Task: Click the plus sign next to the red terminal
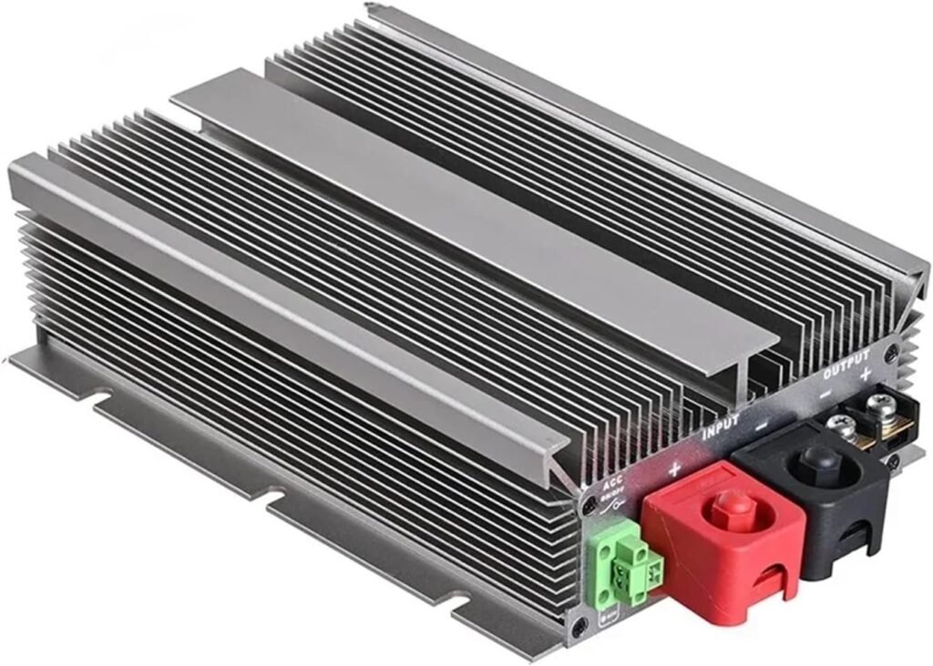click(x=674, y=468)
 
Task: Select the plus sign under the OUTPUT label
click(x=864, y=374)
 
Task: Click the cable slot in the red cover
click(x=769, y=582)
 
